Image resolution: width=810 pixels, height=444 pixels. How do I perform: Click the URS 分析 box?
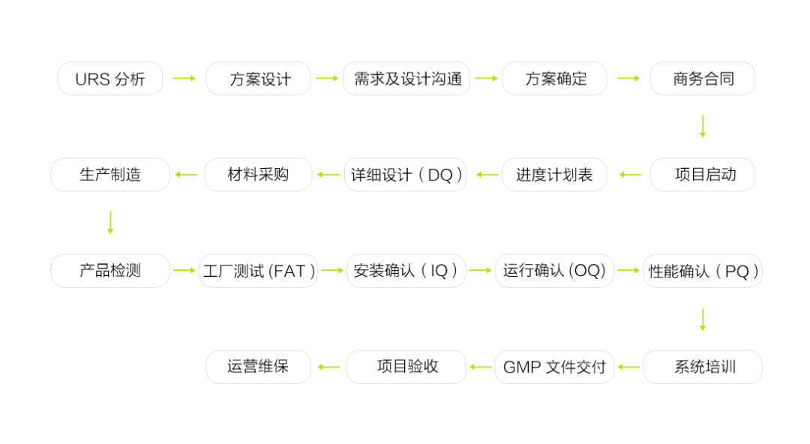pyautogui.click(x=110, y=79)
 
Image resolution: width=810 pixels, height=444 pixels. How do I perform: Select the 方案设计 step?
pyautogui.click(x=258, y=79)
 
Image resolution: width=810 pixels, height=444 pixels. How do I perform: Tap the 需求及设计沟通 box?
pyautogui.click(x=406, y=79)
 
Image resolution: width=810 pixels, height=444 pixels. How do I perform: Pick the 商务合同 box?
pyautogui.click(x=703, y=79)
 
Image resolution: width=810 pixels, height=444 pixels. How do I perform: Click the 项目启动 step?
pyautogui.click(x=703, y=175)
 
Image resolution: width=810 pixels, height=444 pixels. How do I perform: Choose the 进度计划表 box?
pyautogui.click(x=554, y=175)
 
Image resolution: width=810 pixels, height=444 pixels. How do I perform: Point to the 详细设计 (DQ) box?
pyautogui.click(x=406, y=175)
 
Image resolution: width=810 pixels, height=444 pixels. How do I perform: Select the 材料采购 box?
pyautogui.click(x=258, y=175)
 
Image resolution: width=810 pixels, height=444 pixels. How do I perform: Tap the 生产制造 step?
pyautogui.click(x=110, y=175)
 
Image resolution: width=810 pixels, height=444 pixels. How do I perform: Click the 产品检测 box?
pyautogui.click(x=110, y=271)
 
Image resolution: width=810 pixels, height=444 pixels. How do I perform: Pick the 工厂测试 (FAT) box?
pyautogui.click(x=258, y=271)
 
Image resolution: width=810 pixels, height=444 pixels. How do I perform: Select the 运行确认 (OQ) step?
pyautogui.click(x=554, y=271)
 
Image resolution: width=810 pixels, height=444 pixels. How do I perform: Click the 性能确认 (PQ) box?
pyautogui.click(x=703, y=271)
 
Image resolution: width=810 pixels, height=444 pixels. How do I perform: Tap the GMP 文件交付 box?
pyautogui.click(x=554, y=367)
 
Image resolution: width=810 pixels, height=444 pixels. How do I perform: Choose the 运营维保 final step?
pyautogui.click(x=258, y=367)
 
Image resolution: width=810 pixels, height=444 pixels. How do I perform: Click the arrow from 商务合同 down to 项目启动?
pyautogui.click(x=703, y=127)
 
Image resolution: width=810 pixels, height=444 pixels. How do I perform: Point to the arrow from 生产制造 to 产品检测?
pyautogui.click(x=110, y=223)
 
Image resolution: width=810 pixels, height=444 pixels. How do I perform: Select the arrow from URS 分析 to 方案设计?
pyautogui.click(x=184, y=79)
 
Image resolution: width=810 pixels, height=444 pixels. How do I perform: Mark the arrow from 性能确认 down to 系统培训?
pyautogui.click(x=703, y=319)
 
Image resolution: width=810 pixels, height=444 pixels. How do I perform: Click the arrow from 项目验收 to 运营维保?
pyautogui.click(x=328, y=367)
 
